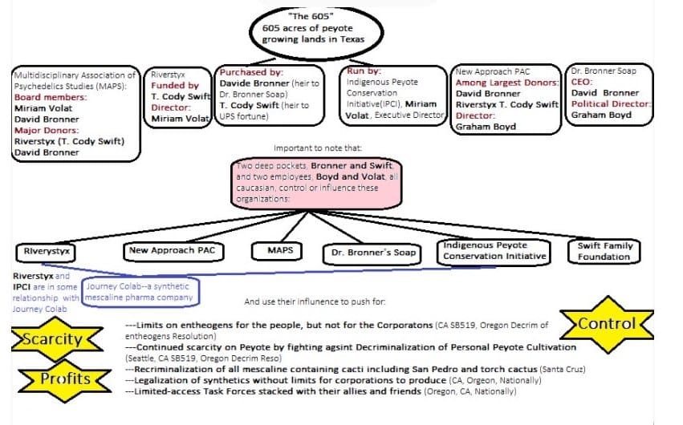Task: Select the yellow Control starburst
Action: (607, 325)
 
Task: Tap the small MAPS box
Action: (281, 251)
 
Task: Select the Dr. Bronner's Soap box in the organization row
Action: (373, 253)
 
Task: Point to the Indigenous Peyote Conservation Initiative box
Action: (494, 251)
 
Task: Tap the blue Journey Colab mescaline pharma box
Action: (140, 292)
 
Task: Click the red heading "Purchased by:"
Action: (246, 72)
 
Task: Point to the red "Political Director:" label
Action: (610, 103)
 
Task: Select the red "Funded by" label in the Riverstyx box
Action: (175, 86)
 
